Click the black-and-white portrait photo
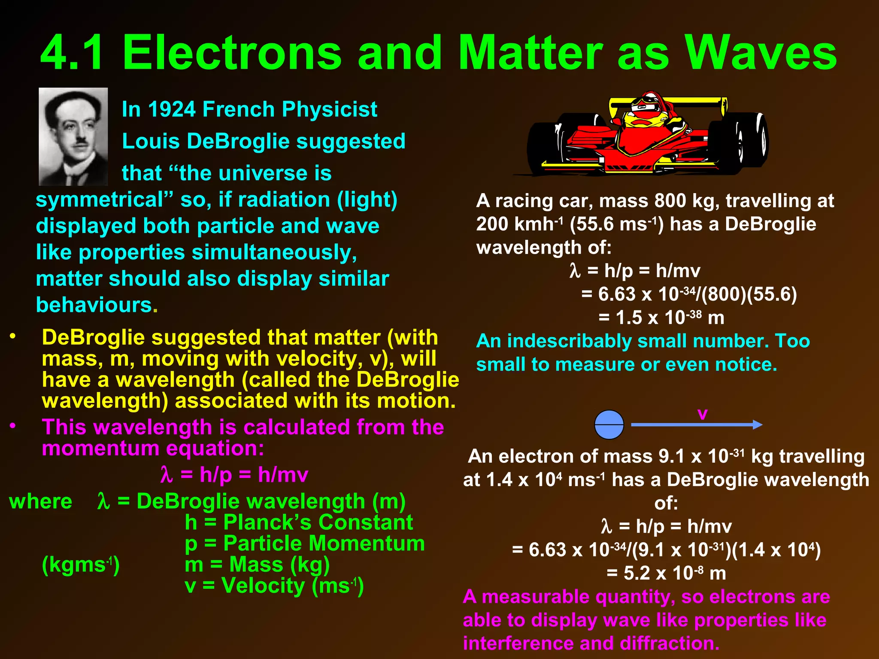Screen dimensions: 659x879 pyautogui.click(x=73, y=136)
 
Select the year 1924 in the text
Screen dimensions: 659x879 pyautogui.click(x=171, y=109)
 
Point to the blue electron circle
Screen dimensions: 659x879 pyautogui.click(x=609, y=425)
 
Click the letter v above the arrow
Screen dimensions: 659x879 pyautogui.click(x=702, y=414)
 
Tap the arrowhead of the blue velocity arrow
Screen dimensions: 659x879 pyautogui.click(x=758, y=425)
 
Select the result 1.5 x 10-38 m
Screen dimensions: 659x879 pyautogui.click(x=661, y=318)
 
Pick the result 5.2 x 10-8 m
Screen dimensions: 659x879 pyautogui.click(x=666, y=573)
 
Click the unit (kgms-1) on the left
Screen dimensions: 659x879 pyautogui.click(x=81, y=565)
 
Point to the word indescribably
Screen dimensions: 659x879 pyautogui.click(x=569, y=342)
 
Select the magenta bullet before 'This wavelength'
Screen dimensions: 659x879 pyautogui.click(x=13, y=426)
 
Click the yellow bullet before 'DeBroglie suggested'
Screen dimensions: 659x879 pyautogui.click(x=13, y=336)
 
